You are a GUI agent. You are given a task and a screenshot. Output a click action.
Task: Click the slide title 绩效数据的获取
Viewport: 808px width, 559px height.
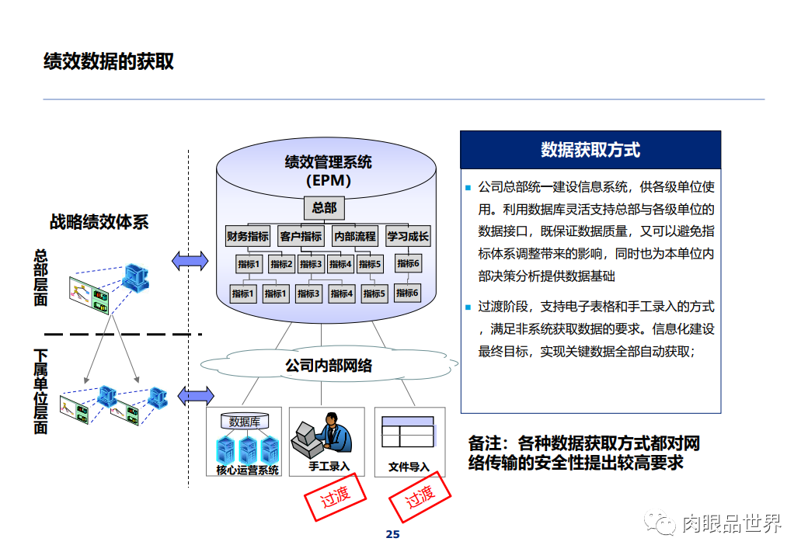coord(109,62)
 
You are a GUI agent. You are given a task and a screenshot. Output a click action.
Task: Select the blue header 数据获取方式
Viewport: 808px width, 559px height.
coord(590,150)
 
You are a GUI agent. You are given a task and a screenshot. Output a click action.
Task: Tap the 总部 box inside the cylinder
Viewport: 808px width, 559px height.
coord(324,208)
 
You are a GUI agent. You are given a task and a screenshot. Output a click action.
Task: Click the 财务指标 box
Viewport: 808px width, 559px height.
coord(248,237)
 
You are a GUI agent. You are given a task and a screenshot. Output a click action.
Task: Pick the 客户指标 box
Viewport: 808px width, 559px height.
coord(301,237)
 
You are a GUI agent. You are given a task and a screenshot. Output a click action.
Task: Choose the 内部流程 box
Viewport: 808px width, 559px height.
coord(354,237)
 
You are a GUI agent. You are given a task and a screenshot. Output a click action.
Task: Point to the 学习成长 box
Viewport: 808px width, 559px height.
coord(408,237)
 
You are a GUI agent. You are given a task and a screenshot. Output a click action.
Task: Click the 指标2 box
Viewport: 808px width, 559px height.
coord(281,264)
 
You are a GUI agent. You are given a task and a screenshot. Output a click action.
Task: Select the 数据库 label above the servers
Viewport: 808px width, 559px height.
coord(245,422)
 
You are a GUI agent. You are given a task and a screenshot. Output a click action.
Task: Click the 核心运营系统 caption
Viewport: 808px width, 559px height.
coord(247,470)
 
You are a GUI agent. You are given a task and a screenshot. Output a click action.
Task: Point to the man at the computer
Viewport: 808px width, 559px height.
coord(326,435)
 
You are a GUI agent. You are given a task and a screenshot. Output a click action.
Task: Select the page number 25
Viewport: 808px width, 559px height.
coord(392,534)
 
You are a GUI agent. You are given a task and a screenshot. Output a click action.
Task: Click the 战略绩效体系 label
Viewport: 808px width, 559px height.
coord(99,222)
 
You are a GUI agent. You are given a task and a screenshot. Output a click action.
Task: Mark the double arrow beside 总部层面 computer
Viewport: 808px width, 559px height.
coord(190,261)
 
